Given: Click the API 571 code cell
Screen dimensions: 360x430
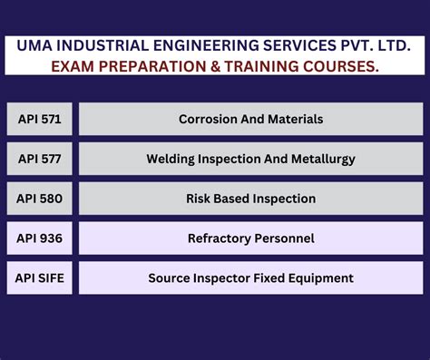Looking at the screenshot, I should tap(40, 119).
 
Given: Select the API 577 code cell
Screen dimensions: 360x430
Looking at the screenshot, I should tap(40, 159).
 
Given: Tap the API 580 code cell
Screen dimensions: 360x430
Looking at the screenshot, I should tap(40, 199).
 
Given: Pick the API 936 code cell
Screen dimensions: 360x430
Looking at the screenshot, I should tap(40, 238).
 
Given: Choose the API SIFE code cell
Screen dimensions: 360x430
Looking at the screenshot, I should tap(40, 278).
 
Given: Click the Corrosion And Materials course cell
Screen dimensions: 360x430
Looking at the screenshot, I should tap(250, 119).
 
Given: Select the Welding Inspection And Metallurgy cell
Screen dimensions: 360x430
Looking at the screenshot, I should tap(250, 159).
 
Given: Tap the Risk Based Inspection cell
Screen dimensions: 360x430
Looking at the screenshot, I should tap(250, 199).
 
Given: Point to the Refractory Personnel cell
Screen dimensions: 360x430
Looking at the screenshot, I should tap(250, 238).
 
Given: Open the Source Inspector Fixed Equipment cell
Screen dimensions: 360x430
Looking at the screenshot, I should tap(250, 278).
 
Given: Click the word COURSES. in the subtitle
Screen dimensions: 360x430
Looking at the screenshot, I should tap(340, 66).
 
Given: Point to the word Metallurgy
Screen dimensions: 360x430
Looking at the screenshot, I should tap(323, 159).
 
